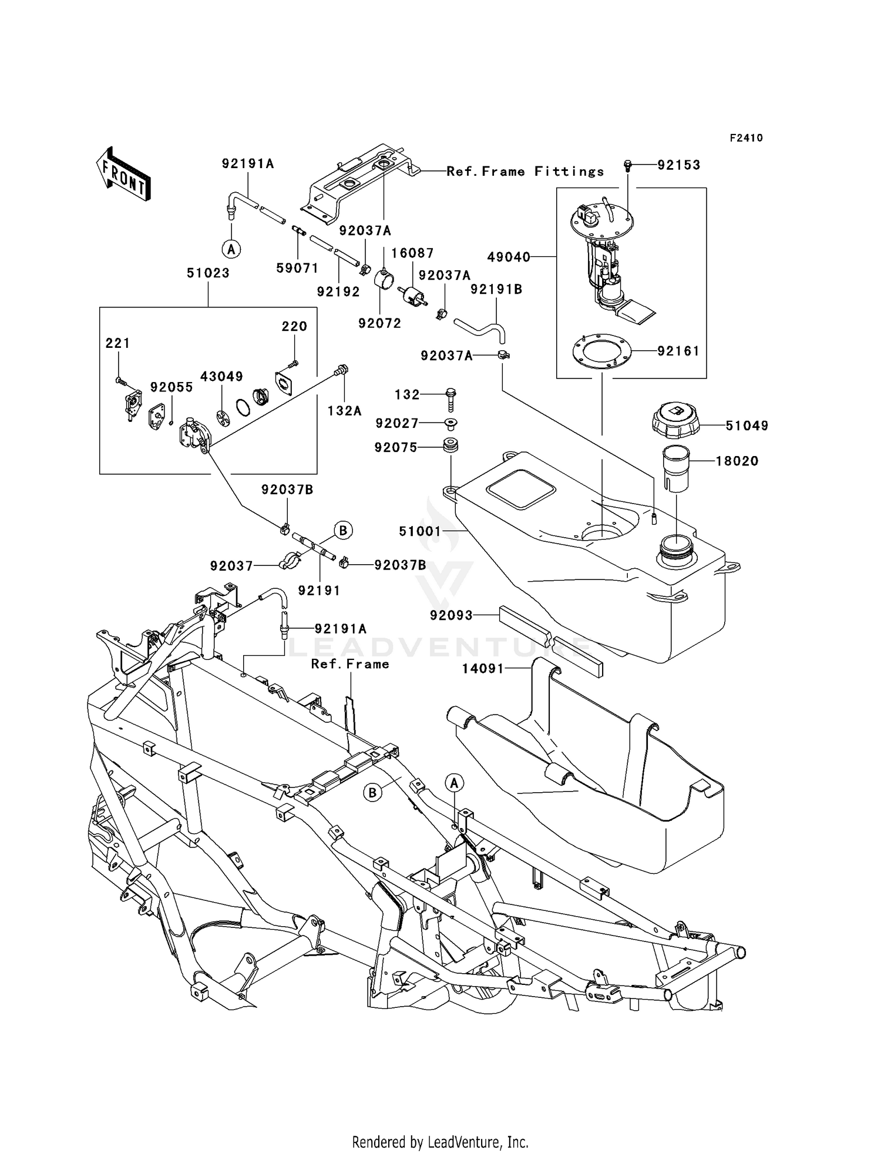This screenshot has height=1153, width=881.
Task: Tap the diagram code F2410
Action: click(746, 138)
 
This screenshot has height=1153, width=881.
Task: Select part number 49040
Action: click(509, 257)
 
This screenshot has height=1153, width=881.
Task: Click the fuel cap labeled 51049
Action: click(675, 419)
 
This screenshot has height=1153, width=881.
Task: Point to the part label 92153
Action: click(678, 165)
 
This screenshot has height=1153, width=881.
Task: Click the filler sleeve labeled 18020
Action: click(675, 468)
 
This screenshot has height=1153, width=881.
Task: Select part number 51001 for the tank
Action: click(419, 531)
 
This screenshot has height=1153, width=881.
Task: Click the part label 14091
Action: click(482, 668)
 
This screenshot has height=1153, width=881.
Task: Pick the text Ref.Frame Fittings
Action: click(525, 172)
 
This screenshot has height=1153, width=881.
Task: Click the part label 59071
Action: click(297, 269)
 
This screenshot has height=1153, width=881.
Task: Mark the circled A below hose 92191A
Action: click(231, 249)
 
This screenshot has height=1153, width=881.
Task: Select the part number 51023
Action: click(208, 273)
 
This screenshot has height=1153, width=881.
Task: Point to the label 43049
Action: click(221, 376)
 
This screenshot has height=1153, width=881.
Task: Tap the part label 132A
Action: click(344, 411)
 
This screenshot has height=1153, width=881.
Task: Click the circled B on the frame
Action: click(372, 793)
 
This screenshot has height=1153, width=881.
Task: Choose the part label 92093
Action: click(450, 615)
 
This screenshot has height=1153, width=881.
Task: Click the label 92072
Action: click(379, 323)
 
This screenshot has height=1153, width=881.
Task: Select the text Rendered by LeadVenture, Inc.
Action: click(440, 1142)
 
